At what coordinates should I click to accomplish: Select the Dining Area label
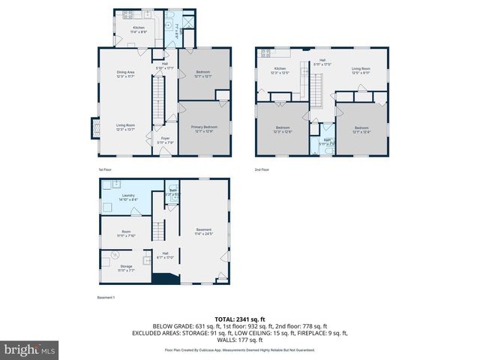tap(125, 73)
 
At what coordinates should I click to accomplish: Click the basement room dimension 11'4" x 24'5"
tap(203, 233)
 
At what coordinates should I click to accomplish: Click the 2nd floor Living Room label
tap(361, 71)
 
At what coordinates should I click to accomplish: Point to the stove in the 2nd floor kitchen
tap(264, 53)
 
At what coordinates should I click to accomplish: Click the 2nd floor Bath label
tap(328, 142)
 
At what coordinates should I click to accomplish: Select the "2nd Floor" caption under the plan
tap(262, 169)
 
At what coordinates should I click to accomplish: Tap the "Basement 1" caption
tap(106, 298)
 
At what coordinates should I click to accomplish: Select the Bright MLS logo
tap(30, 350)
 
